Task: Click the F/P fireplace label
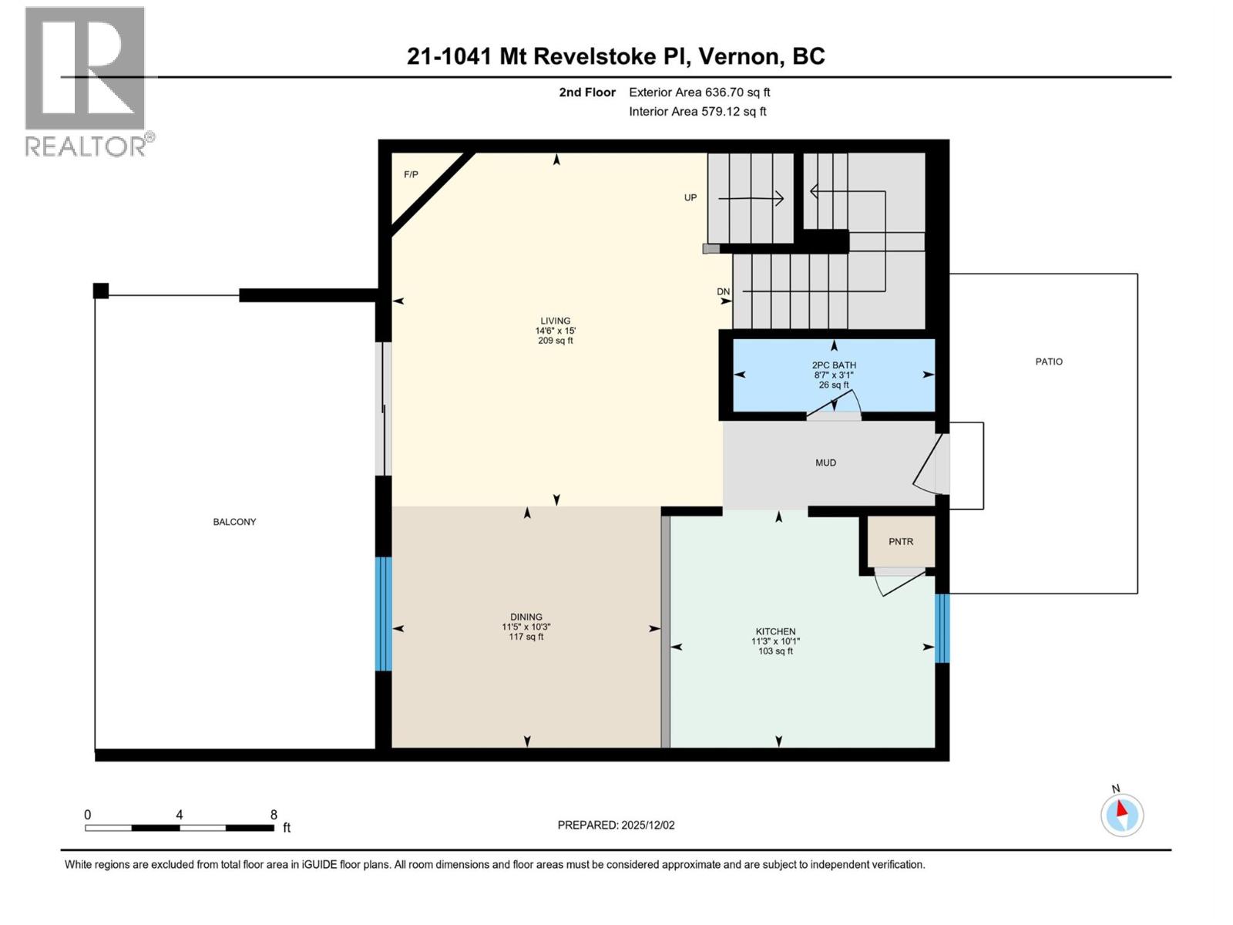coord(411,175)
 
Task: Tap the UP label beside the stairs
coord(690,197)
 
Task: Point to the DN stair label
coord(723,291)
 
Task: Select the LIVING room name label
coord(555,321)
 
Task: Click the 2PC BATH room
coord(834,375)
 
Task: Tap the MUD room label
coord(826,462)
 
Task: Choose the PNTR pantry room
coord(901,541)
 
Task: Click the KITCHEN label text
coord(775,631)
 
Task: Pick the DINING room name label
coord(526,617)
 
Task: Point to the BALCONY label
coord(234,522)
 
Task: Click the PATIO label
coord(1049,362)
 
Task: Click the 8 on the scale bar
coord(274,814)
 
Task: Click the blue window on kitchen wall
coord(942,628)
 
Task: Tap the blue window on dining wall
coord(383,614)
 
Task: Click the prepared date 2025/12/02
coord(647,825)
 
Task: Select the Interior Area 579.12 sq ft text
coord(697,111)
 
